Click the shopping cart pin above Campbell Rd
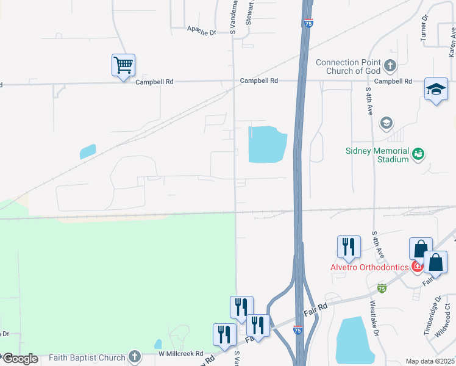tap(123, 65)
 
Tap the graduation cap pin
tap(436, 90)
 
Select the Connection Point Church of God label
tap(348, 66)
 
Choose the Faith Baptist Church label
tap(90, 357)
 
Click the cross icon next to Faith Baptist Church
tap(135, 357)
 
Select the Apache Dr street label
tap(202, 30)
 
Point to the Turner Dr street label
tap(424, 29)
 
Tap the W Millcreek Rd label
tap(180, 354)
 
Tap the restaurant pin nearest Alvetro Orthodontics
tap(348, 246)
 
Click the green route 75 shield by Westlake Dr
tap(382, 287)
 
